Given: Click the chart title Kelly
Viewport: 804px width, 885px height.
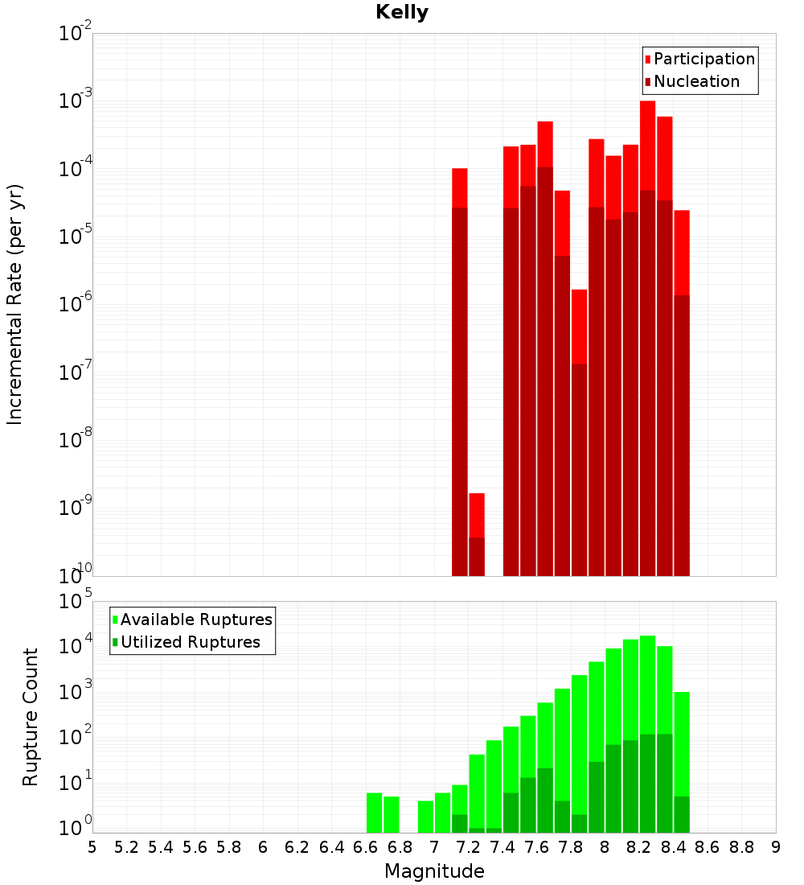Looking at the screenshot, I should tap(402, 13).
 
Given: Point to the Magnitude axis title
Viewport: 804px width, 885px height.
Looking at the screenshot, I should tap(434, 871).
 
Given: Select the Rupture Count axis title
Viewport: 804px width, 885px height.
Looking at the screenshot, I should tap(31, 717).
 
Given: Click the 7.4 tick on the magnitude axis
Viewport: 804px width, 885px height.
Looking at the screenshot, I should tap(503, 847).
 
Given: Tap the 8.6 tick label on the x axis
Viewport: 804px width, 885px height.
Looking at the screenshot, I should tap(708, 847).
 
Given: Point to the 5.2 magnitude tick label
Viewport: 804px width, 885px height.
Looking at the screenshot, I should tap(126, 847).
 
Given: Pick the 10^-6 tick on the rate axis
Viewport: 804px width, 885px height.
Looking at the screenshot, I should tap(76, 304).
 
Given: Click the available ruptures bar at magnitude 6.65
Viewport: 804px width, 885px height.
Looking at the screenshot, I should tap(375, 813).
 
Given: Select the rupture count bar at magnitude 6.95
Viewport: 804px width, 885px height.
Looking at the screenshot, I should tap(425, 817).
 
